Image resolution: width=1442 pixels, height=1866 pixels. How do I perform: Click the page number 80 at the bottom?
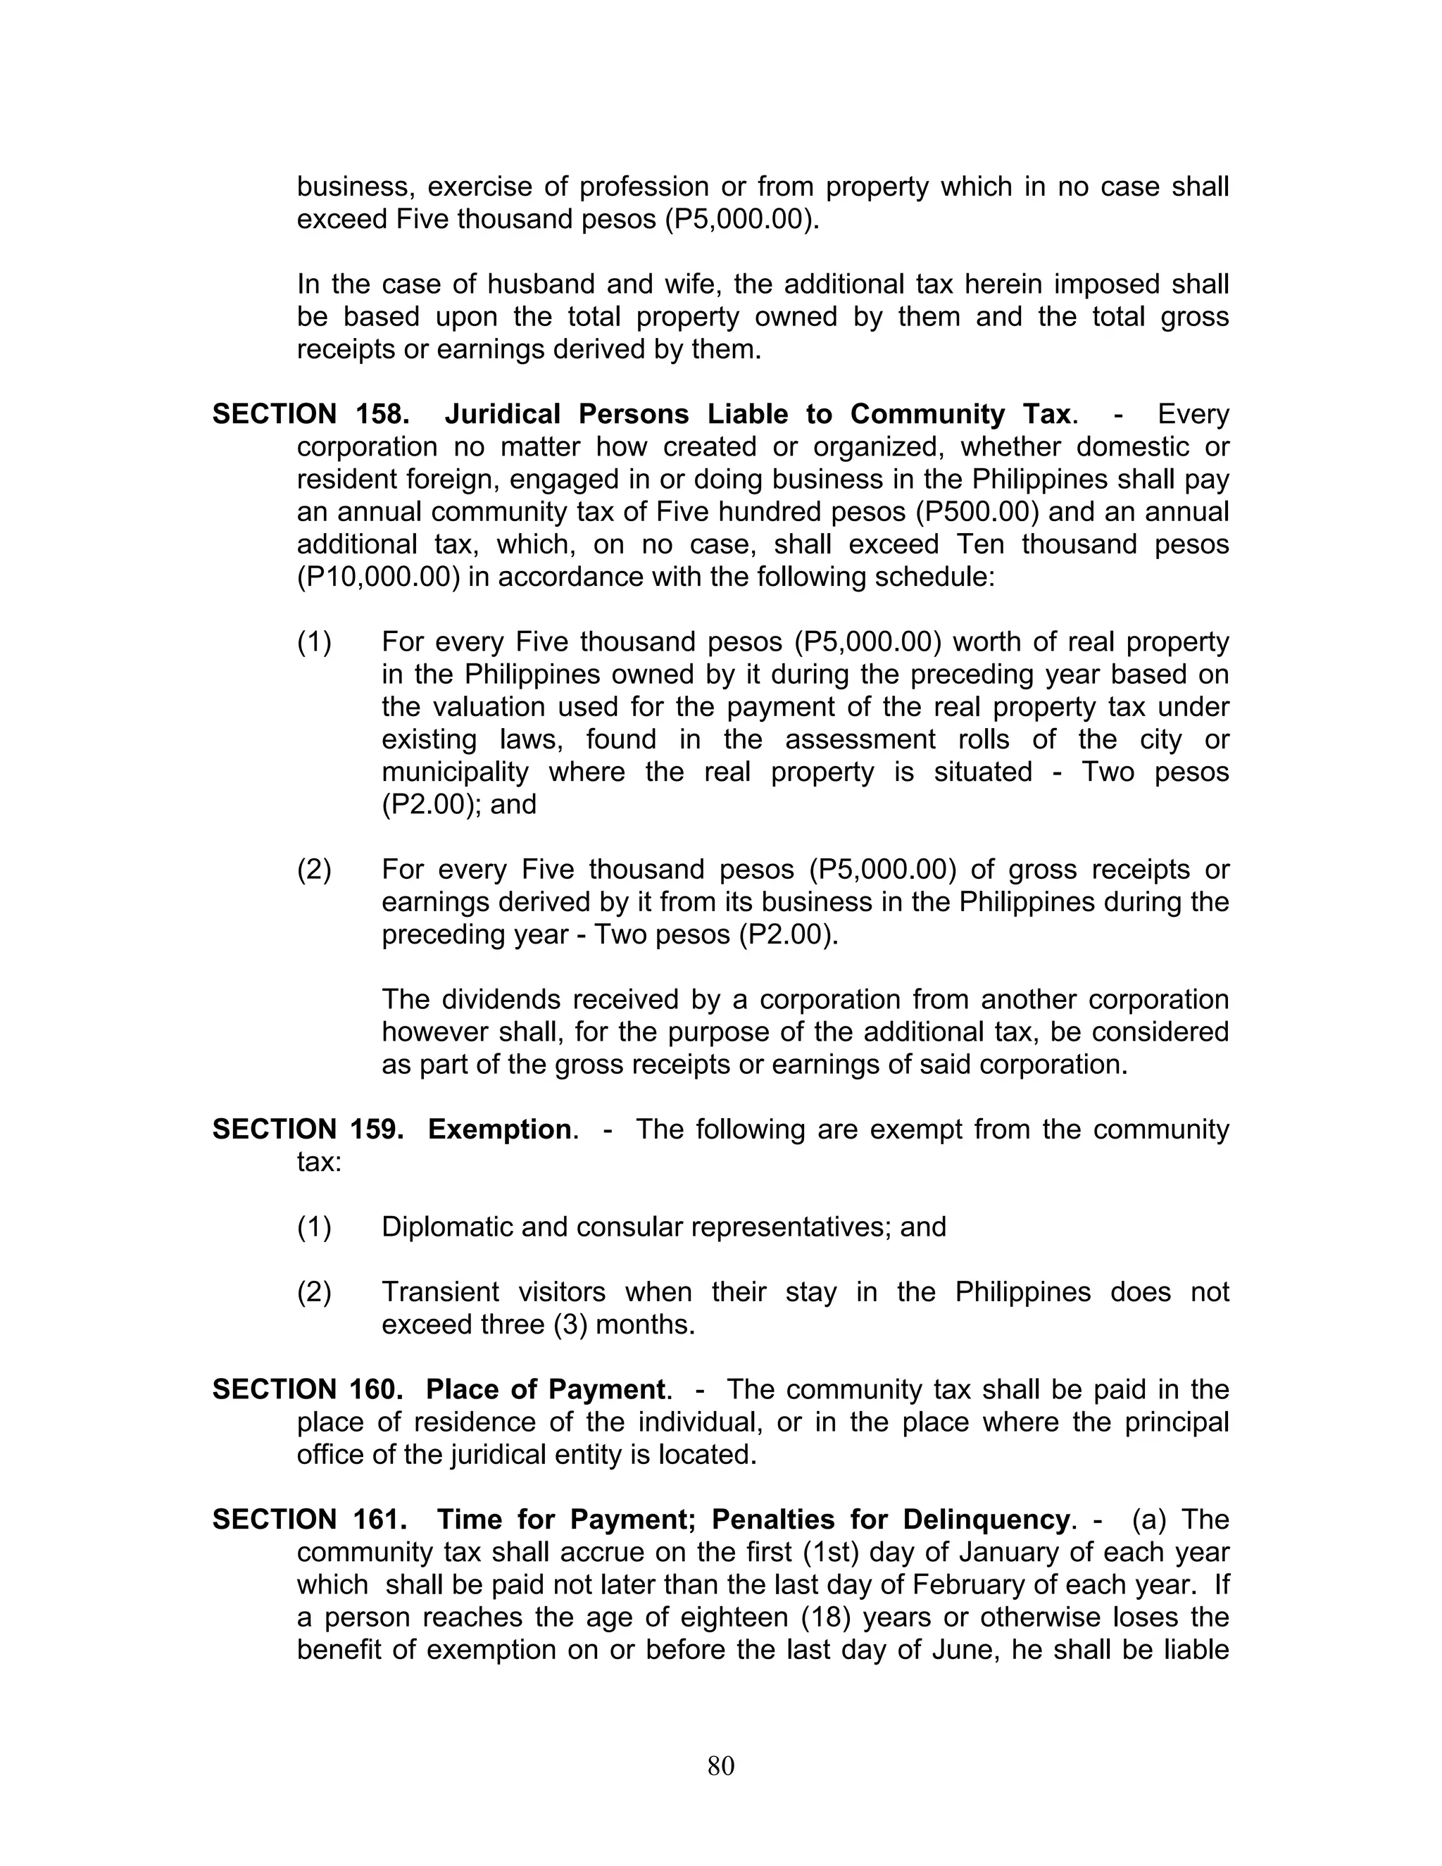(x=720, y=1765)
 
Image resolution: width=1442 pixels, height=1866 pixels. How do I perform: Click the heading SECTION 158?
(x=309, y=414)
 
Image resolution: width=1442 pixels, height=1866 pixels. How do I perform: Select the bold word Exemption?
(x=499, y=1129)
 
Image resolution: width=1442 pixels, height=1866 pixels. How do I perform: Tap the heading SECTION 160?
(x=307, y=1389)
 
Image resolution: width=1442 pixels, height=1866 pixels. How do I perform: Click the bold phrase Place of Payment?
(x=545, y=1389)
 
